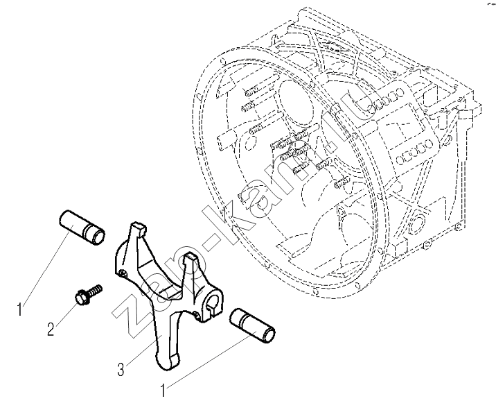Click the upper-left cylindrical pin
81,225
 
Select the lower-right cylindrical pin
254,324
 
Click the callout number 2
50,329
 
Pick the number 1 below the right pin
163,391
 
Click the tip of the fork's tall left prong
137,227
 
